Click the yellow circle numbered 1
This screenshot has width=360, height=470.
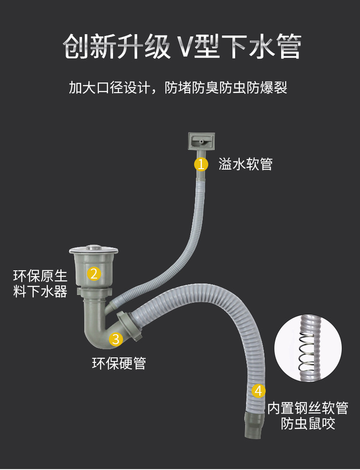201,164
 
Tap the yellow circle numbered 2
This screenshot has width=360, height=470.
94,274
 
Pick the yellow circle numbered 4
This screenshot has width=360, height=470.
258,391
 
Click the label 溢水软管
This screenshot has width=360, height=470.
246,164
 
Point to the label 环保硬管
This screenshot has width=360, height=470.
119,364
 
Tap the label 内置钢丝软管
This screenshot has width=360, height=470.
308,408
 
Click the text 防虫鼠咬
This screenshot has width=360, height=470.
308,424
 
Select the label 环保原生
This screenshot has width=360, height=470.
40,276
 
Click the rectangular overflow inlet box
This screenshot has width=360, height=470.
201,141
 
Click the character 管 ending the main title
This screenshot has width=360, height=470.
288,47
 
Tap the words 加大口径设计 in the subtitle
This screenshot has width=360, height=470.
109,88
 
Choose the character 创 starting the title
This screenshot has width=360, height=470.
75,47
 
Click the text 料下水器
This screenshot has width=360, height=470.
40,291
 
